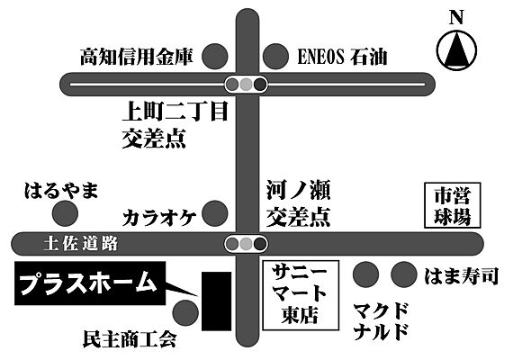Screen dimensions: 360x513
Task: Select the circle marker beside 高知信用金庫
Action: click(214, 57)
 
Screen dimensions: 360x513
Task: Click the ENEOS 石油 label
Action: click(342, 57)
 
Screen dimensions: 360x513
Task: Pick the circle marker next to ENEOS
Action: click(274, 57)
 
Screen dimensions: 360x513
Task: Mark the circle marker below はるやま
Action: click(64, 214)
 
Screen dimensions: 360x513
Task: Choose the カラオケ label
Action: click(161, 217)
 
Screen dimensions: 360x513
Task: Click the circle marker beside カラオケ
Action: click(215, 214)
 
